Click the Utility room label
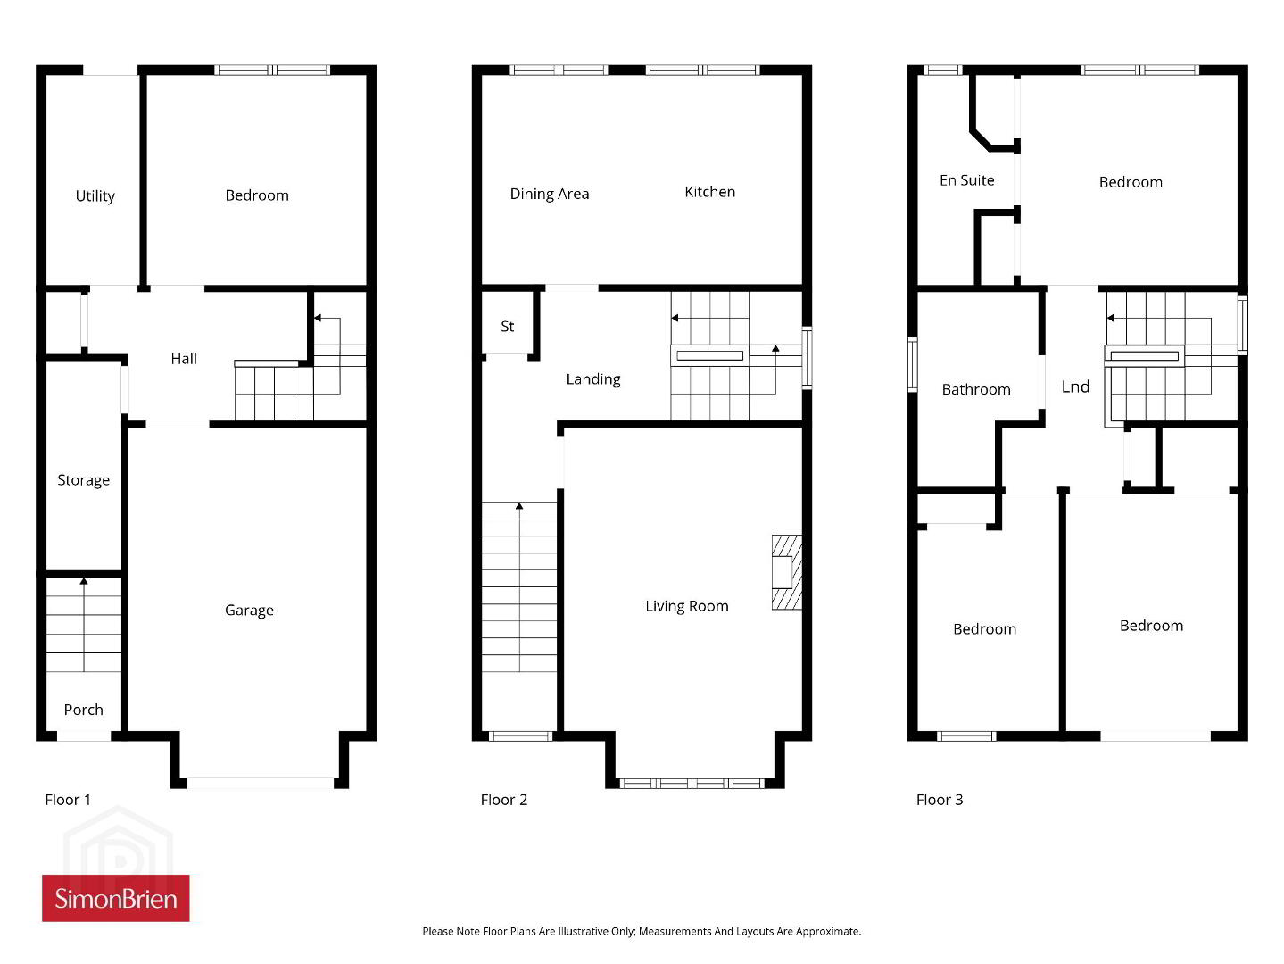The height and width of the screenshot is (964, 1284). click(x=95, y=196)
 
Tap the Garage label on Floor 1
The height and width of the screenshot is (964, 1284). click(x=249, y=611)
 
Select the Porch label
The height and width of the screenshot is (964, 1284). click(x=83, y=710)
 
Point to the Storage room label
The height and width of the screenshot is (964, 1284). click(x=83, y=480)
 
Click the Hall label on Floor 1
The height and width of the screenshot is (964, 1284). click(x=184, y=359)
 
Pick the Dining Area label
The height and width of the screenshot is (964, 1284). click(x=550, y=195)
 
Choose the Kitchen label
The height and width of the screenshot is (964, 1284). click(x=709, y=192)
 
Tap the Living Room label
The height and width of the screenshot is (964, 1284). click(x=687, y=606)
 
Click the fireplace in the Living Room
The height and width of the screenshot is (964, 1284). click(x=787, y=572)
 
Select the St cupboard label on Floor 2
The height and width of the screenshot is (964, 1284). click(x=507, y=327)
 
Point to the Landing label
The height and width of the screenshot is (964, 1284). click(x=593, y=379)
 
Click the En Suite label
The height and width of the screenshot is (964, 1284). click(x=967, y=180)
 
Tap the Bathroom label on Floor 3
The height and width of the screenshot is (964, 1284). click(x=976, y=389)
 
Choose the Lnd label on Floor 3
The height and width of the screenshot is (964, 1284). click(x=1075, y=386)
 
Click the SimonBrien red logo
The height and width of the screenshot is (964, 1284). click(x=116, y=898)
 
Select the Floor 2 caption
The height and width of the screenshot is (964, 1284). click(x=503, y=800)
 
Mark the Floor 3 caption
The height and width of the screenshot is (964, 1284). click(x=939, y=800)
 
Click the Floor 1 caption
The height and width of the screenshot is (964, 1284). click(x=68, y=800)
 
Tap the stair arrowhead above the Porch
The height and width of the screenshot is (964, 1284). click(x=84, y=581)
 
